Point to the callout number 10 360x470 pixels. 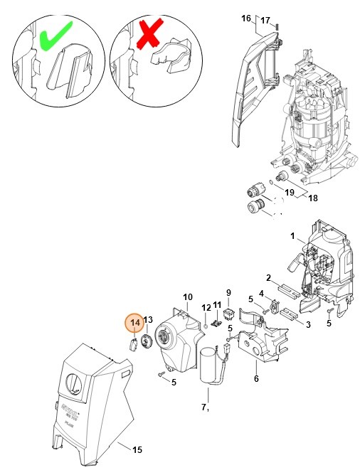point(188,297)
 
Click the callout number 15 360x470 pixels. point(137,449)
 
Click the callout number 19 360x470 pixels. point(290,191)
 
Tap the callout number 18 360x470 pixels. point(312,198)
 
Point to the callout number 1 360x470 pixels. point(292,235)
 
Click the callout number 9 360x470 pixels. point(228,292)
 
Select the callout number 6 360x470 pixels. point(256,378)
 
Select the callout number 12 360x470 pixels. point(205,308)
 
